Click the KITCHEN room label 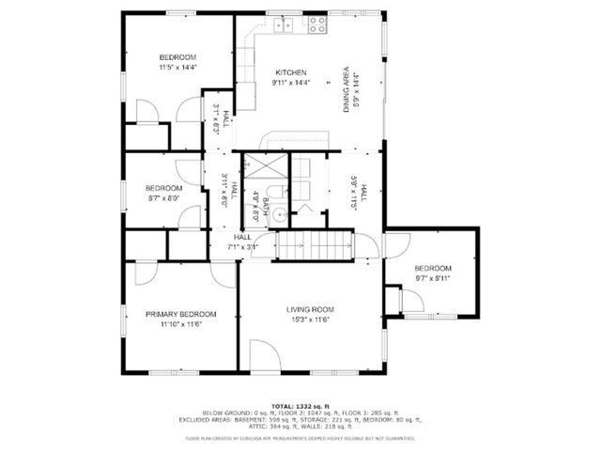tap(290, 72)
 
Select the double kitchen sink tap(284, 25)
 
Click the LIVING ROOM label tap(310, 309)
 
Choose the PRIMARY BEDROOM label tap(180, 314)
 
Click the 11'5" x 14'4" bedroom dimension tap(177, 67)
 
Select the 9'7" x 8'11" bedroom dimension tap(433, 278)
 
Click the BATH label tap(266, 203)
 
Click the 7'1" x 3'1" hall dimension tap(241, 248)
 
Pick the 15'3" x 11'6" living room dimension tap(310, 319)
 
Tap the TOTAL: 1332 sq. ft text tap(300, 405)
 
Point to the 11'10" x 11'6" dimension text tap(180, 324)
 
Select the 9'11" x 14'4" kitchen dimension tap(290, 83)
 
